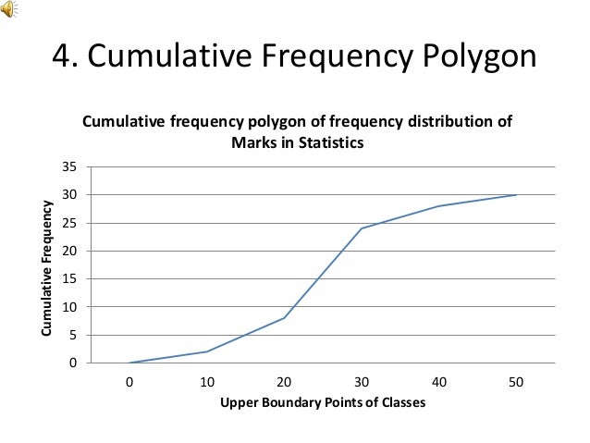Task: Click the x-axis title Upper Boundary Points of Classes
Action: click(x=322, y=402)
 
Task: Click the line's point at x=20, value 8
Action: click(x=284, y=318)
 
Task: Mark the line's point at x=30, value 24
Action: click(x=361, y=228)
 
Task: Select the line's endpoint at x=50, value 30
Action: click(x=515, y=195)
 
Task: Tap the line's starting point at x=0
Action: click(x=129, y=363)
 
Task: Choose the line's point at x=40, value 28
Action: click(x=438, y=206)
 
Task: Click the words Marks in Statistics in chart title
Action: click(x=298, y=143)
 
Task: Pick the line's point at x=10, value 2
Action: click(x=206, y=351)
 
